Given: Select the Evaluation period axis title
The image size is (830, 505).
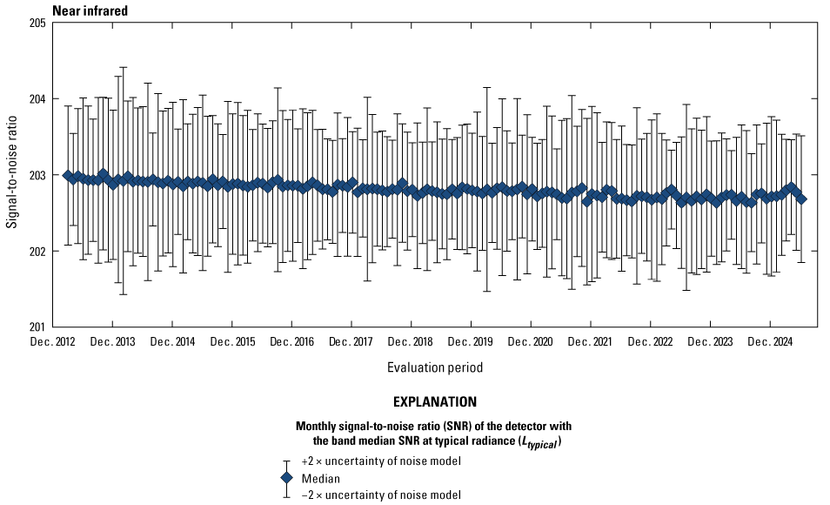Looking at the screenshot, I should pyautogui.click(x=435, y=367).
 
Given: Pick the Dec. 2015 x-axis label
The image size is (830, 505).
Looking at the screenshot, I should pyautogui.click(x=231, y=342).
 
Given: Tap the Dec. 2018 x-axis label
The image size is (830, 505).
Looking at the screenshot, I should pyautogui.click(x=411, y=342).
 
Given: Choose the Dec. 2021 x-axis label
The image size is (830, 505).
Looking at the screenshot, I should pyautogui.click(x=590, y=342).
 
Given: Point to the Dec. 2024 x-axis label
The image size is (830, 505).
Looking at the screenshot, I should pyautogui.click(x=769, y=342).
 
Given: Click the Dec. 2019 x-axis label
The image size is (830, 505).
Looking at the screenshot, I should pyautogui.click(x=471, y=342).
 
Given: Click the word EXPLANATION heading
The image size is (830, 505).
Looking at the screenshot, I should pyautogui.click(x=435, y=403).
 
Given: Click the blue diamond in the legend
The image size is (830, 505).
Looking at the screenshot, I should pyautogui.click(x=287, y=478).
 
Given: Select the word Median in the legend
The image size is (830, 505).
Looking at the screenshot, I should pyautogui.click(x=319, y=478).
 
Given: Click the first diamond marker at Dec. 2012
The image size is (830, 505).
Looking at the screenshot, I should pyautogui.click(x=68, y=175).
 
